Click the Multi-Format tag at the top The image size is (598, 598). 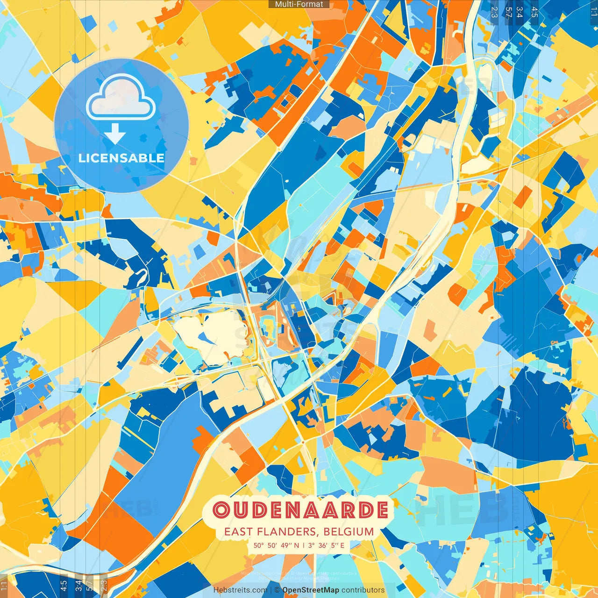coord(299,4)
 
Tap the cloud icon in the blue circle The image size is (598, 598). coord(121,97)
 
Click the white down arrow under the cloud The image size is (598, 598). coord(115,135)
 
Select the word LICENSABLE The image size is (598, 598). coord(121,158)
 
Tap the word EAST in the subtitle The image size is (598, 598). coord(238,532)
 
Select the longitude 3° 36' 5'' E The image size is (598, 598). coord(326,545)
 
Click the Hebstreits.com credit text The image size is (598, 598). coord(240,590)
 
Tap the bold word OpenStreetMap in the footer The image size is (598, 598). coord(311,590)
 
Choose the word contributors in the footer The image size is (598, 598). coord(363,590)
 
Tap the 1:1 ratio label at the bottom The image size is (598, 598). coord(4,586)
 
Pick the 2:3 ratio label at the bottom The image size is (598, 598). coord(104,586)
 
